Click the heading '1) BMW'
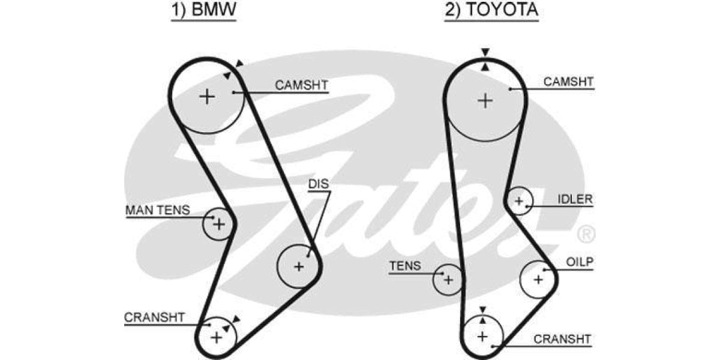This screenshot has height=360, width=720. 204,10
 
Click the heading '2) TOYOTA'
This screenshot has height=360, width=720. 491,10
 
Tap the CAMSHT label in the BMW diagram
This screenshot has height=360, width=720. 301,85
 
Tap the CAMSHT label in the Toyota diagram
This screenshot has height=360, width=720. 568,82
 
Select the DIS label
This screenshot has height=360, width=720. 319,184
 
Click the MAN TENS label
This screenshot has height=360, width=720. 157,211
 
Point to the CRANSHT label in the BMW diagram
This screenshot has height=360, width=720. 154,317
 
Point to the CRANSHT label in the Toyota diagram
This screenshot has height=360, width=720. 562,339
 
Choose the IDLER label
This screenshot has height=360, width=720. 574,199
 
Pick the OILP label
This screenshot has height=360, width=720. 580,262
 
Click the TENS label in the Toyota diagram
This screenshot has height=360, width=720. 405,266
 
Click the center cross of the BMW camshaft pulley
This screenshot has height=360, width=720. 206,96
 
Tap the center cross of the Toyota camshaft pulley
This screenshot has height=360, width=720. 485,100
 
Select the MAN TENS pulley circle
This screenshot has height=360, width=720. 218,224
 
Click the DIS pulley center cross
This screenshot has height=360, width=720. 299,266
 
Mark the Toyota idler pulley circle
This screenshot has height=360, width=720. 519,201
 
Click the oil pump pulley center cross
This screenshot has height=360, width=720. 538,279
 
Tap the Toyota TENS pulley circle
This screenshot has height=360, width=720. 448,280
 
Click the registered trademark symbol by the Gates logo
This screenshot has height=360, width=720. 586,232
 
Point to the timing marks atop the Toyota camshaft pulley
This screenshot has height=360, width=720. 485,59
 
